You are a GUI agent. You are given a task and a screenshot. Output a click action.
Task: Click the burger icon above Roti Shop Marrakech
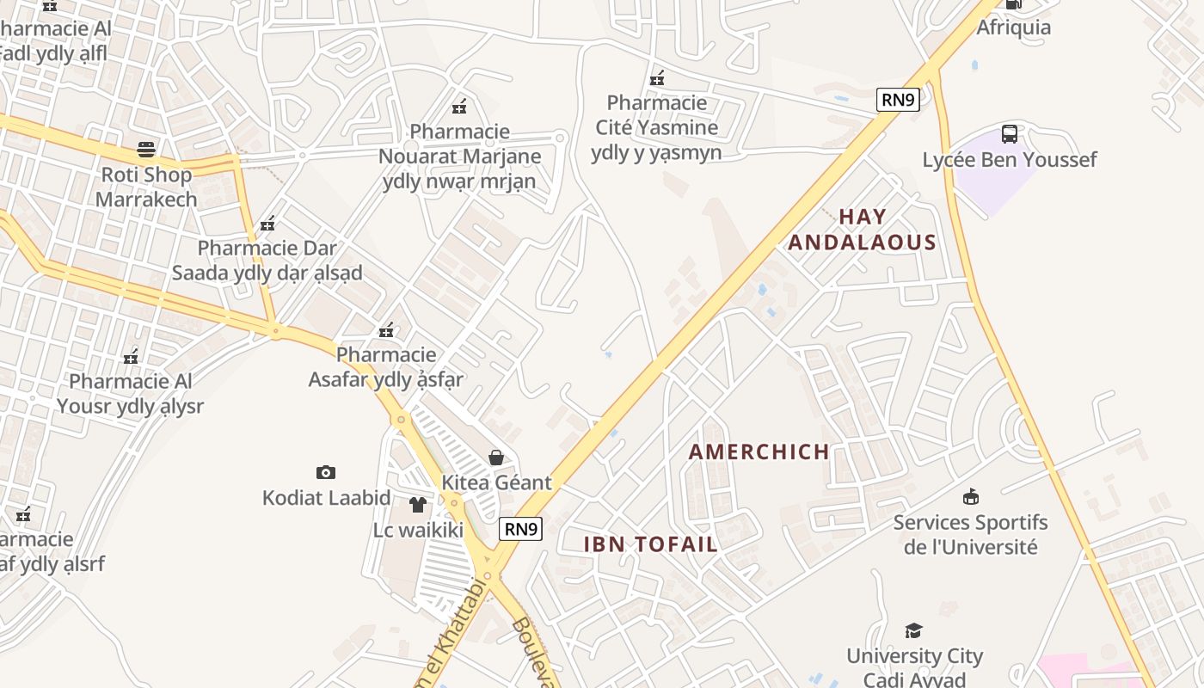coord(146,150)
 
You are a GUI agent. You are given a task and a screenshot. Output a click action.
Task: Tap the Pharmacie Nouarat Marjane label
coord(460,157)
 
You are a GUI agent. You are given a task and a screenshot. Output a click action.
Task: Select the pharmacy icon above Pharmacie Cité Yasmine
coord(657,78)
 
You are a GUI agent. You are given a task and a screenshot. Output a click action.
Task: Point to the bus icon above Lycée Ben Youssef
coord(1010,134)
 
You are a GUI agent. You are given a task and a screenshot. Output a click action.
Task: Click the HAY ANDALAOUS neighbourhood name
coord(862,230)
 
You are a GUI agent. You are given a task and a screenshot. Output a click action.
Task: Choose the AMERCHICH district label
coord(759,451)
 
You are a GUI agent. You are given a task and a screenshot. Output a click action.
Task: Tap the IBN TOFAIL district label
coord(650,544)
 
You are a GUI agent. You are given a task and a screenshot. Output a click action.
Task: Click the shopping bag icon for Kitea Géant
coord(496,458)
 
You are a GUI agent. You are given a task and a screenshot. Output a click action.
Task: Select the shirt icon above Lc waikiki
coord(418,505)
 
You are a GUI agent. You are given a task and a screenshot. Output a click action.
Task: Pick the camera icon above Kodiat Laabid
coord(326,472)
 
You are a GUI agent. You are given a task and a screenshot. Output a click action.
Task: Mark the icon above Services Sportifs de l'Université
coord(971,496)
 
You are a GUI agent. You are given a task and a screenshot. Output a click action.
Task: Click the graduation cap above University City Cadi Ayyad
coord(914,631)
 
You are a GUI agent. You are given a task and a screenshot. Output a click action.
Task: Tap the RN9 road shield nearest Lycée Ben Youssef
coord(898,100)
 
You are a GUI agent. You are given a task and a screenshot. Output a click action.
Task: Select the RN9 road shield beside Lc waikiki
coord(521,528)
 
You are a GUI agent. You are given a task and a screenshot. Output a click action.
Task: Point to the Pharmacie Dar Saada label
coord(267,261)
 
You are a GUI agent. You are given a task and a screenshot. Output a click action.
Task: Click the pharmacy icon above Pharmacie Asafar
coord(386,329)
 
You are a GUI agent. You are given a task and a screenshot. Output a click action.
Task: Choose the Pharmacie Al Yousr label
coord(130,393)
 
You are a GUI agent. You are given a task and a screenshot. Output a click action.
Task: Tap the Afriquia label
coord(1013,28)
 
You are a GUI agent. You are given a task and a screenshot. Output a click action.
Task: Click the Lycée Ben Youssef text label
coord(1010,160)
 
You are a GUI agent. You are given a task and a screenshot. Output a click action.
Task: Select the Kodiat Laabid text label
coord(327,498)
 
